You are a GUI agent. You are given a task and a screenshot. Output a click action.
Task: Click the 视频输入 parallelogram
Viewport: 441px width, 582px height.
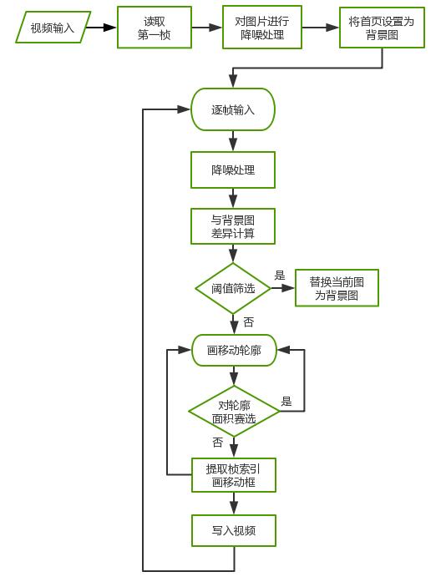[x=52, y=28]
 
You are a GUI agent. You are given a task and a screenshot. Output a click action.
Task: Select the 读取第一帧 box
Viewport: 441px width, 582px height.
[x=155, y=28]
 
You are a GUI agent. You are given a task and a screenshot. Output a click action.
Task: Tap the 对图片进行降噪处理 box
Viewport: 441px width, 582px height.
[x=262, y=28]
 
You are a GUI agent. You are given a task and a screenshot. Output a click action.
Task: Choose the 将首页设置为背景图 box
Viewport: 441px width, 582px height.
[x=381, y=28]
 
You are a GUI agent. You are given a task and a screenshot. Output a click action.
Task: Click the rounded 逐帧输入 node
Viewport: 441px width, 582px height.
[x=233, y=109]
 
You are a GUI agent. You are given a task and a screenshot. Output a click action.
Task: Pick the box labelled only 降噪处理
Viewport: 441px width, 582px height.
[x=233, y=170]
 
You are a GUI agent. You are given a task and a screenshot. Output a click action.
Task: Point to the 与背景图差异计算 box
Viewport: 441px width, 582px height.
[x=233, y=227]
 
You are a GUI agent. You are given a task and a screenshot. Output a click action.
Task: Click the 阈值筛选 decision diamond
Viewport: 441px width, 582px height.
[x=233, y=288]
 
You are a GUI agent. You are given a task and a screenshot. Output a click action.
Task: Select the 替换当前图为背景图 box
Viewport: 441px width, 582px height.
[x=336, y=288]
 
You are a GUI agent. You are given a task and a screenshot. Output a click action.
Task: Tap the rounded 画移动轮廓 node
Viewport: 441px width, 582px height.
[x=234, y=351]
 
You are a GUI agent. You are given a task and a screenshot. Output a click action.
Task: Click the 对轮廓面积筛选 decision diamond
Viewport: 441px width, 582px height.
[x=233, y=411]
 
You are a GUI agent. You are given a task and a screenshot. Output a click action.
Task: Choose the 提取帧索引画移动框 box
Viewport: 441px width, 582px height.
[x=233, y=474]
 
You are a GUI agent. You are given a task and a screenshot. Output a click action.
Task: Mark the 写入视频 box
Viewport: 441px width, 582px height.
[x=233, y=530]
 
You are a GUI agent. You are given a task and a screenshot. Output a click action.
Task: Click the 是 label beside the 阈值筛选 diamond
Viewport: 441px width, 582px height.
[x=280, y=276]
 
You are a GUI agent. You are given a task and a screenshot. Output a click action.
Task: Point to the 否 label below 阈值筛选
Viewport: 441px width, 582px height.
[x=248, y=321]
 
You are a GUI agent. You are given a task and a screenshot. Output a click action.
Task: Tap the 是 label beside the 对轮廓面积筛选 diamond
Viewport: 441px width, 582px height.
[x=286, y=402]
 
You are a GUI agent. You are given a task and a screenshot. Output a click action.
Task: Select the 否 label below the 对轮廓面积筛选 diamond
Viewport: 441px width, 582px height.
[x=218, y=443]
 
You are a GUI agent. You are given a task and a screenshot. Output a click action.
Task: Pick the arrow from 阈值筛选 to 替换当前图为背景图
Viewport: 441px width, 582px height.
[x=283, y=288]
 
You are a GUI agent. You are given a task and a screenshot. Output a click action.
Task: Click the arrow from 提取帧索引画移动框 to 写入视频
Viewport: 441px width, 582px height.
[x=233, y=503]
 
